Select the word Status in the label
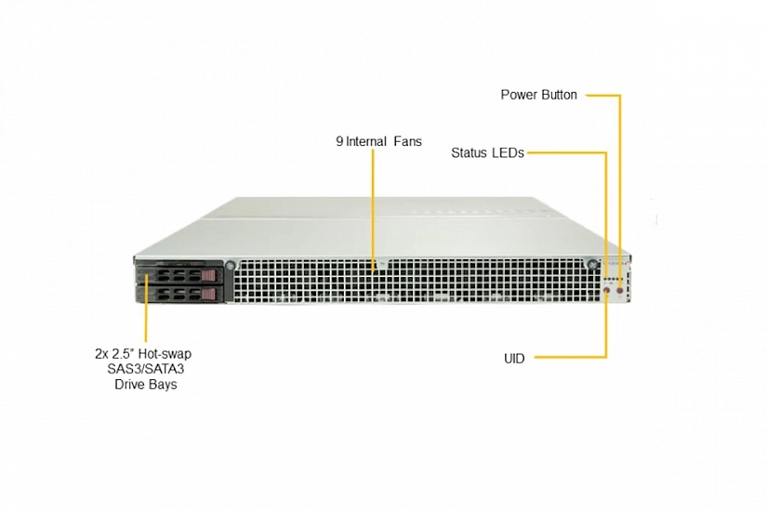469,153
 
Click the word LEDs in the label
508,153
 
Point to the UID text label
514,359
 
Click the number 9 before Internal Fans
339,141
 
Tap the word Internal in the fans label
366,141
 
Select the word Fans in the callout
408,141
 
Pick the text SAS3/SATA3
146,369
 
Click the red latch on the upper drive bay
208,276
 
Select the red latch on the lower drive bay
208,294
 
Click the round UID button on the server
607,292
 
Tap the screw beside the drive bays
230,266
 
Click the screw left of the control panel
592,265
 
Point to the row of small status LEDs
614,282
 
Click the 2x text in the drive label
101,354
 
